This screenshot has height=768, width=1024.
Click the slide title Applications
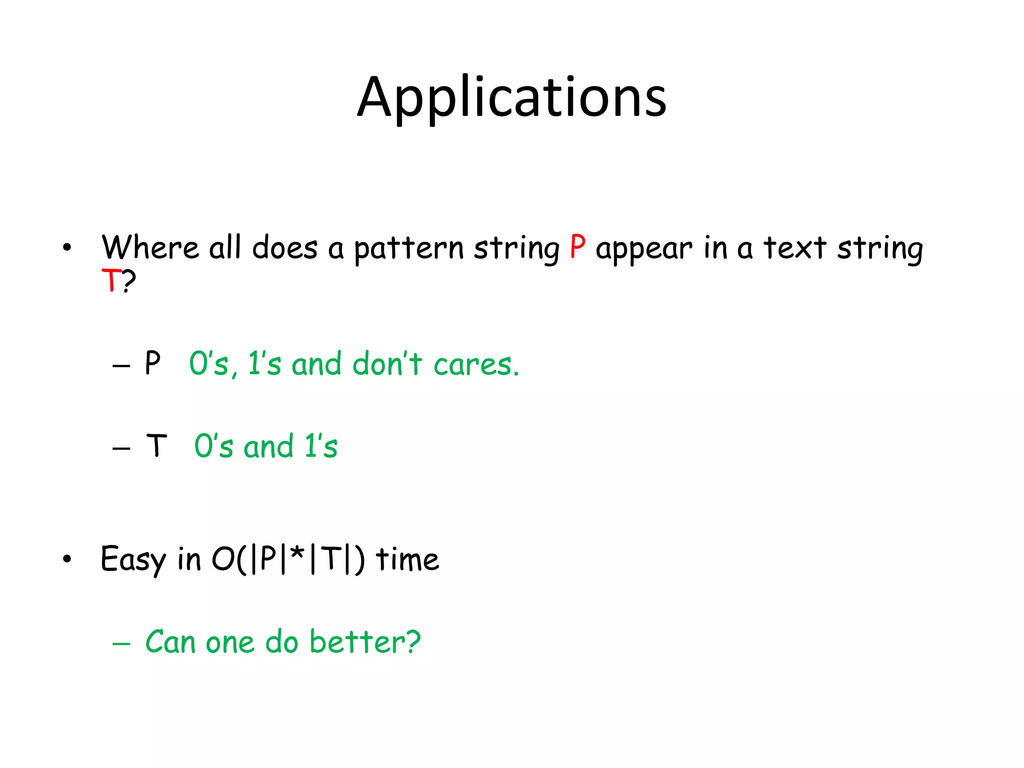coord(512,97)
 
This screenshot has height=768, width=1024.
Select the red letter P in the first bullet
coord(577,247)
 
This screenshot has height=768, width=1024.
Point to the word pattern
coord(409,248)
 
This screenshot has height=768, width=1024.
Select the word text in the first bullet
coord(794,247)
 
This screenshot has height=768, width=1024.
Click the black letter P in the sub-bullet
coord(152,363)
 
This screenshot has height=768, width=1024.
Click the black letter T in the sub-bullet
coord(156,445)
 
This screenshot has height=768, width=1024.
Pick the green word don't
coord(387,363)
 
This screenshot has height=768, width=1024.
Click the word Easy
coord(133,559)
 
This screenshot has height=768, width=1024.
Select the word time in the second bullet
coord(407,559)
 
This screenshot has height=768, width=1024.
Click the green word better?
coord(365,642)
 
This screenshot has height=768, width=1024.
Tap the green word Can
coord(170,642)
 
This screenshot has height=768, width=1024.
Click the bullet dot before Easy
coord(67,559)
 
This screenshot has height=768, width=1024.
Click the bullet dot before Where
coord(67,247)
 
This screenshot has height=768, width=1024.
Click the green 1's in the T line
coord(321,446)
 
